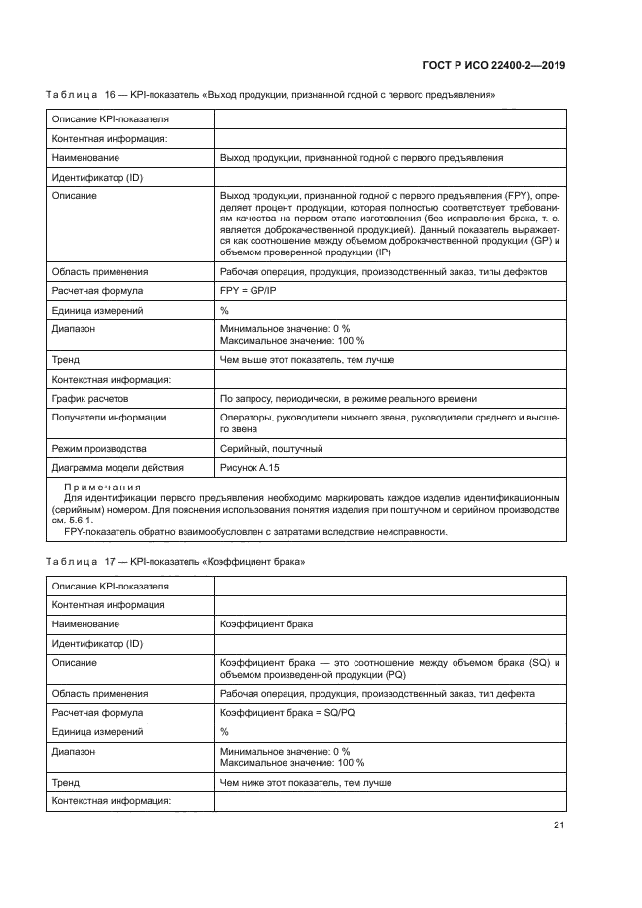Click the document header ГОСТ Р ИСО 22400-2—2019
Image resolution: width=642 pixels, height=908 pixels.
[x=494, y=65]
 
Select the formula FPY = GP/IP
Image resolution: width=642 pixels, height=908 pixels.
[x=249, y=290]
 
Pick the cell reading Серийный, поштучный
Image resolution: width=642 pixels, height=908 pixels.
[x=272, y=449]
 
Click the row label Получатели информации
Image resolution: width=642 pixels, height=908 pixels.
[x=108, y=418]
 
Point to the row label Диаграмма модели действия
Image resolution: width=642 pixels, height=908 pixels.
[x=117, y=467]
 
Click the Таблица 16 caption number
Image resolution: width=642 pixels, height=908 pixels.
[x=110, y=95]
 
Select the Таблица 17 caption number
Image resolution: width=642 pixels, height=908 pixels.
[x=110, y=563]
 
